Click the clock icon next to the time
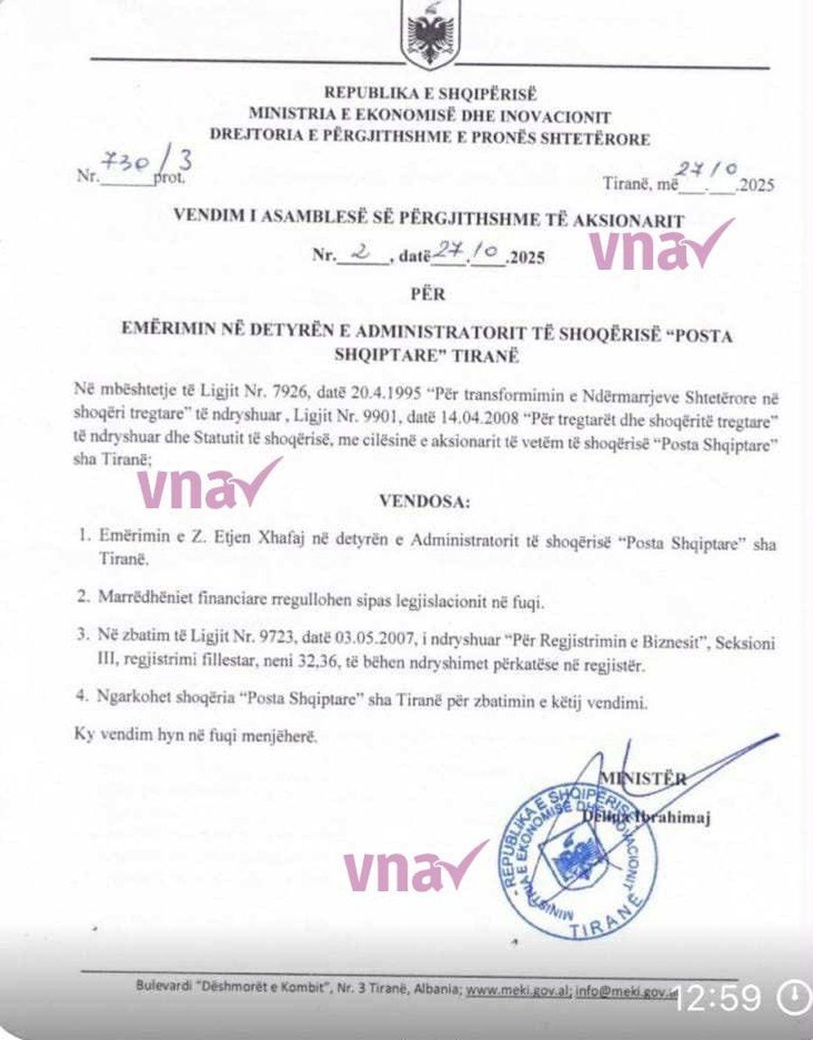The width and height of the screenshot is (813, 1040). pyautogui.click(x=793, y=997)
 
